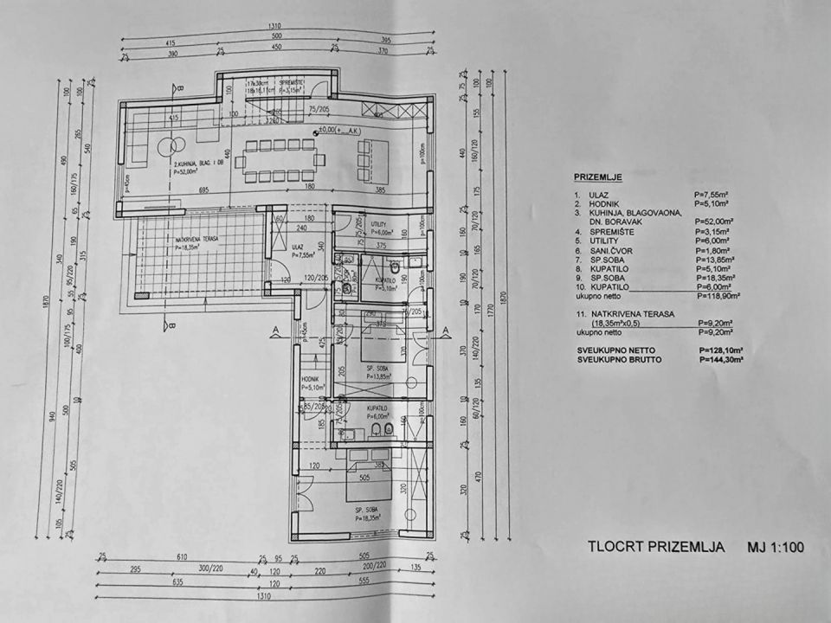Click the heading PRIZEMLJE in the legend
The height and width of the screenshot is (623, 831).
(x=597, y=177)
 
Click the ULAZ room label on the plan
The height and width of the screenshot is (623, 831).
(x=297, y=246)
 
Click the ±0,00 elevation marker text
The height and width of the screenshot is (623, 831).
(x=334, y=131)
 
